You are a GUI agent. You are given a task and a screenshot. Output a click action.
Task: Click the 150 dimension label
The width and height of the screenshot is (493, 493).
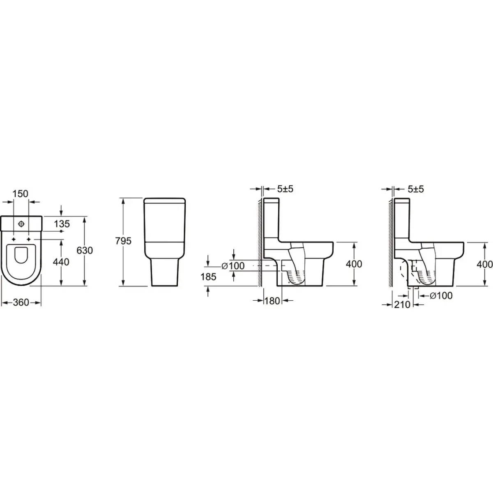tap(21, 194)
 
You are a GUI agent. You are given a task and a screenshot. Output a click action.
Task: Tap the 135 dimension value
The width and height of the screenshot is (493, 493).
tap(62, 224)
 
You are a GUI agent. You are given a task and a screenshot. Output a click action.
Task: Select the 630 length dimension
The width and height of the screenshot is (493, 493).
tap(85, 250)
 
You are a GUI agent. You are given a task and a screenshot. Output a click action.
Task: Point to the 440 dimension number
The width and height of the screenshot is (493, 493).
tap(61, 262)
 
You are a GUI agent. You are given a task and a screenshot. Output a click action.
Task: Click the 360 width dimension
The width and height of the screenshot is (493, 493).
tap(21, 302)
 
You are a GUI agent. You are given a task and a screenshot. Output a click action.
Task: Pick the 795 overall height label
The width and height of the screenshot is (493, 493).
tap(123, 241)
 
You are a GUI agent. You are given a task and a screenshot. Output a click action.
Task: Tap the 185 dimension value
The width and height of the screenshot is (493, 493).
tap(208, 276)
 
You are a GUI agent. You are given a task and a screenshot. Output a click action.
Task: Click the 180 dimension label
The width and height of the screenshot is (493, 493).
tap(272, 301)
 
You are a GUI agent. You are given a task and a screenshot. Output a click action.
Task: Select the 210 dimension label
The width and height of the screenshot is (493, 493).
tap(402, 304)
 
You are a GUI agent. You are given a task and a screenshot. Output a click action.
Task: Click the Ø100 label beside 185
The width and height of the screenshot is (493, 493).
tap(233, 266)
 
